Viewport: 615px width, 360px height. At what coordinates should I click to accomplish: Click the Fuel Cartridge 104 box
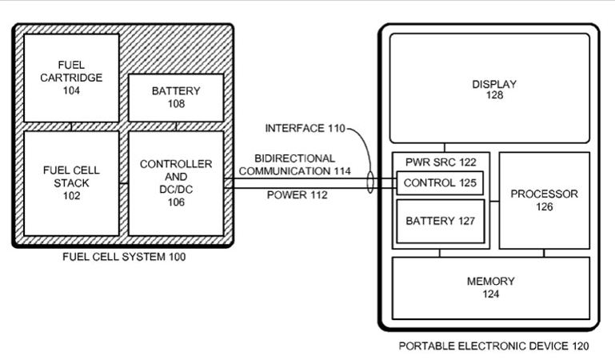71,78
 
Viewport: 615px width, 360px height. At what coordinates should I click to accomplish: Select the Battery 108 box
176,98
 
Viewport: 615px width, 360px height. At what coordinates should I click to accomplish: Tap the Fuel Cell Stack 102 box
71,183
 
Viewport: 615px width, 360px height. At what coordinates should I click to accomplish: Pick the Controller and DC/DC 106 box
176,183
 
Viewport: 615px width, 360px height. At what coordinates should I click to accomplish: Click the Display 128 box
489,88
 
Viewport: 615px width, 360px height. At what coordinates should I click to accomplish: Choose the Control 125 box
440,182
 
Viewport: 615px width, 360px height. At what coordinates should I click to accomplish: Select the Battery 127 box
441,221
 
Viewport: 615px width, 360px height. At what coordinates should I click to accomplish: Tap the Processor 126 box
545,200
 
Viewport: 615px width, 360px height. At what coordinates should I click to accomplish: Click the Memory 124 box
491,288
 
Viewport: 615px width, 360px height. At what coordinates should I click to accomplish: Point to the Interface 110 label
306,128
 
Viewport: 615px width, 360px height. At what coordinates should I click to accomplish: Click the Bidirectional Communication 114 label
295,165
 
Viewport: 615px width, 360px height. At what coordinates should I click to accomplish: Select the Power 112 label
298,195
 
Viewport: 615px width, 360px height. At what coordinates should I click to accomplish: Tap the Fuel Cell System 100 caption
124,257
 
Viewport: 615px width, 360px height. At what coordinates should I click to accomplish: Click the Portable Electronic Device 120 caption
493,346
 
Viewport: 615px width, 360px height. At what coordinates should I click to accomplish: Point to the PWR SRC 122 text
441,162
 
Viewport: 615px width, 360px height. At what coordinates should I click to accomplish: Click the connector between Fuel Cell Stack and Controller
124,183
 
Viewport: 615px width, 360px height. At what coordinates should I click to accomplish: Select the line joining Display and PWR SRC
445,147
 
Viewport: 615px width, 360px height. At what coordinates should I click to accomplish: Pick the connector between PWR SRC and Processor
494,202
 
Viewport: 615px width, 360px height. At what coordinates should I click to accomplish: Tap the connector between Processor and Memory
544,253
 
